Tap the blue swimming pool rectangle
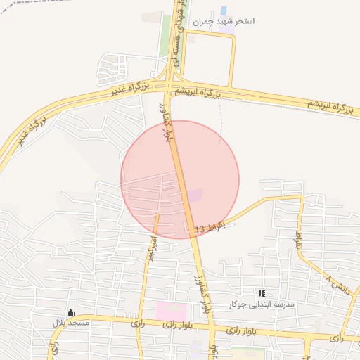tap(224, 11)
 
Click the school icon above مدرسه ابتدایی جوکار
tap(262, 292)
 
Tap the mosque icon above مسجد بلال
tap(70, 313)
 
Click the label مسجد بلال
tap(70, 323)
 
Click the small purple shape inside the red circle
tap(196, 193)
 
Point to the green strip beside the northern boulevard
tap(166, 35)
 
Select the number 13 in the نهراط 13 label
tap(200, 230)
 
